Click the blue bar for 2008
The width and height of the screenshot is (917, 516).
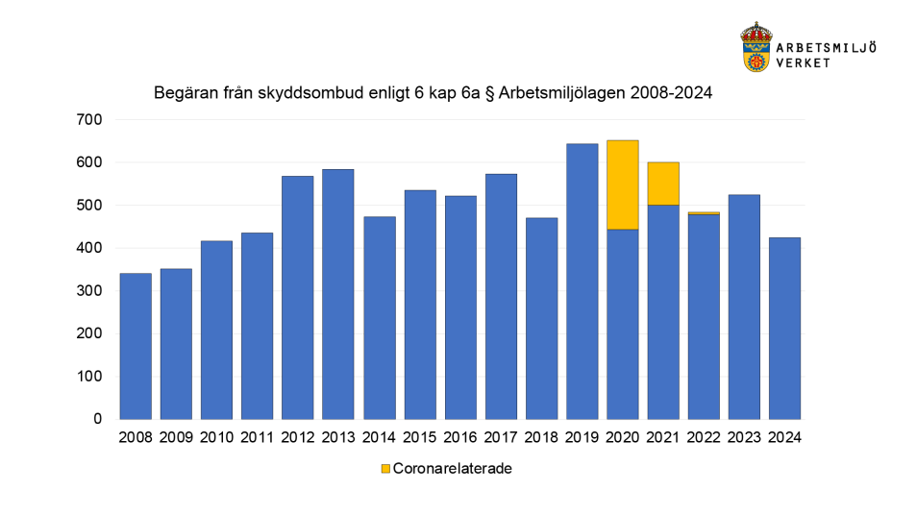click(136, 346)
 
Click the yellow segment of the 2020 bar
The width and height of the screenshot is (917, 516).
click(622, 184)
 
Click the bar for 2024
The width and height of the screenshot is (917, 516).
click(784, 328)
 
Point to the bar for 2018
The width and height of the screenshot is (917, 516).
click(541, 318)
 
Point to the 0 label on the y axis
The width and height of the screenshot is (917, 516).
click(97, 419)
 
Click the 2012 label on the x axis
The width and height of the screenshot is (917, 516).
click(297, 437)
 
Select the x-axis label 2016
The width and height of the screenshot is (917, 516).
click(459, 437)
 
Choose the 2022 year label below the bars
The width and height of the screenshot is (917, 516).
click(703, 437)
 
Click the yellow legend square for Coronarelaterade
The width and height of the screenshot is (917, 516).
click(385, 469)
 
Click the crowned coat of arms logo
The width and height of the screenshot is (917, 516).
click(756, 47)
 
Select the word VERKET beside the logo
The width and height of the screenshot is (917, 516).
click(805, 61)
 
